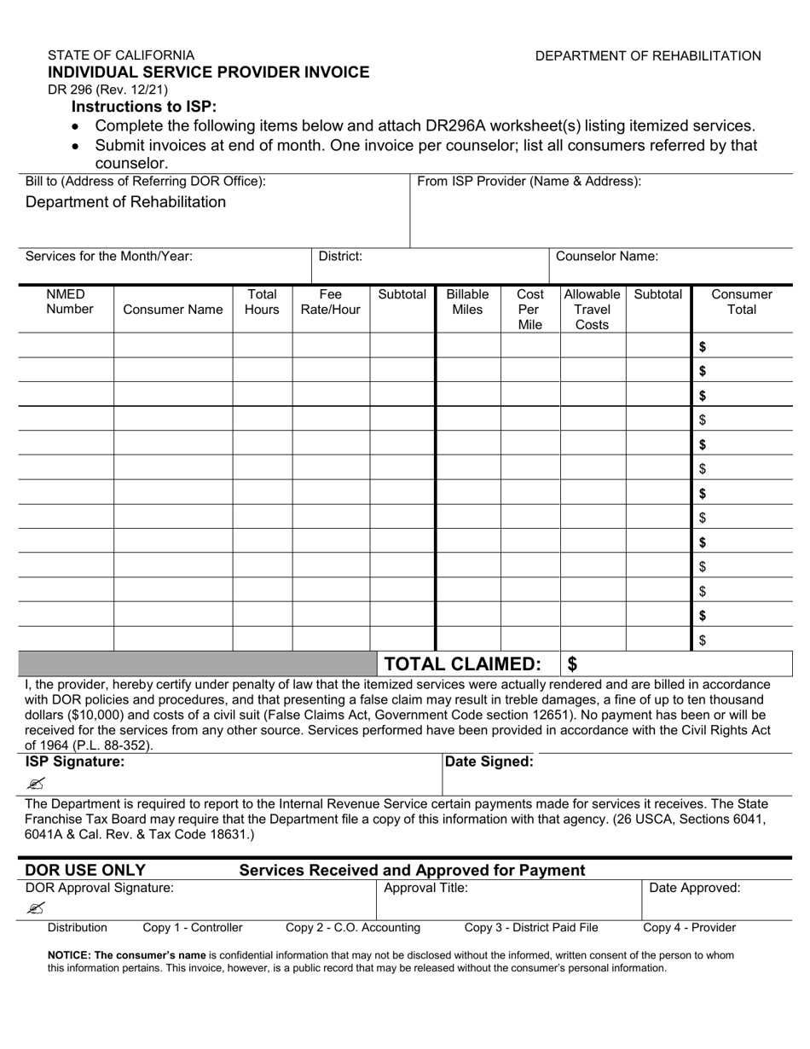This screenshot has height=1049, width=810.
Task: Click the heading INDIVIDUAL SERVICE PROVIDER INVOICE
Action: tap(209, 72)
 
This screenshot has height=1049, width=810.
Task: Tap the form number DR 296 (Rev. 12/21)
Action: tap(107, 90)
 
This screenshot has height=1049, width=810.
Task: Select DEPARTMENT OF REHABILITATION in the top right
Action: tap(648, 56)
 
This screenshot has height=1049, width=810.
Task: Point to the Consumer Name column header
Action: tap(173, 310)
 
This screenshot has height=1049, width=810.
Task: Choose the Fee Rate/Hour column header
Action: tap(330, 302)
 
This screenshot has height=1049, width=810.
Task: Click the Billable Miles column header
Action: tap(467, 302)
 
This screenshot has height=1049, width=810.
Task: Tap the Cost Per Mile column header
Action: tap(530, 310)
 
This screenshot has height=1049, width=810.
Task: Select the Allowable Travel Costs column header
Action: tap(592, 310)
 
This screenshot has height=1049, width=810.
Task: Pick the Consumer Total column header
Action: tap(741, 302)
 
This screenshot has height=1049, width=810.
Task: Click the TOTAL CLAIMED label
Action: tap(463, 664)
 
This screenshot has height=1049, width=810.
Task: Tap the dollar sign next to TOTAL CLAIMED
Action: tap(573, 664)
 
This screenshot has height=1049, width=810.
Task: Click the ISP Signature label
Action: tap(75, 762)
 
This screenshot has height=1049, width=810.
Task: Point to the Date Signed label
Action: tap(489, 762)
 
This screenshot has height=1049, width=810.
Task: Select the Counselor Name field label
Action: tap(606, 256)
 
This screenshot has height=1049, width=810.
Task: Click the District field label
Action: tap(340, 256)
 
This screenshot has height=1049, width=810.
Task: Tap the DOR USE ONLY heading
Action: tap(85, 871)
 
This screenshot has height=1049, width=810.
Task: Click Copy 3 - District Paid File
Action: tap(531, 928)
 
